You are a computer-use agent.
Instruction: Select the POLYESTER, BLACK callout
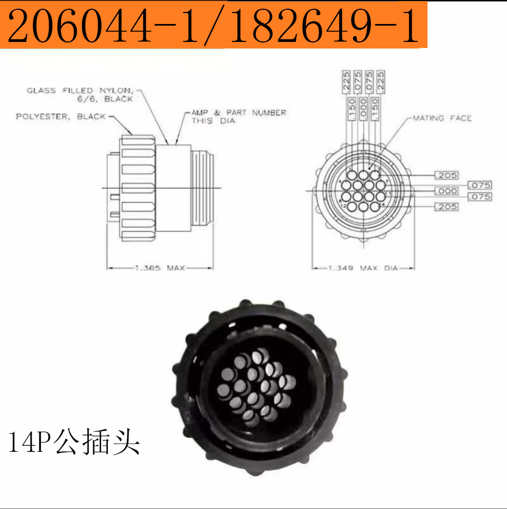tap(60, 117)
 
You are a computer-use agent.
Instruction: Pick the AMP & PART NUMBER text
tap(239, 112)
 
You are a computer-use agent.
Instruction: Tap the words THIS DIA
tap(213, 120)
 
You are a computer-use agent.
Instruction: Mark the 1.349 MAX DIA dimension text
tap(363, 268)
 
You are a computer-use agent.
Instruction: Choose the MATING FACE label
tap(442, 118)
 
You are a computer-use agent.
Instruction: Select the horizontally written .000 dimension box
tap(446, 191)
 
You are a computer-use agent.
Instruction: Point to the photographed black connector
tap(259, 387)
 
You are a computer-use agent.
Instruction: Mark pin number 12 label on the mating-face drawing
tap(344, 206)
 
